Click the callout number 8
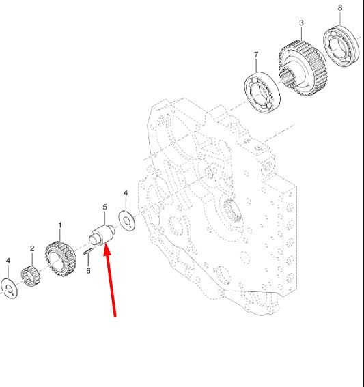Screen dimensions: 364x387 click(x=340, y=8)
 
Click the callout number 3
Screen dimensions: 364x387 click(x=301, y=23)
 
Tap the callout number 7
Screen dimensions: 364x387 click(x=256, y=55)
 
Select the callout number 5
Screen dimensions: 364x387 click(x=105, y=207)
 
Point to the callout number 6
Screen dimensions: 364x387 click(x=88, y=271)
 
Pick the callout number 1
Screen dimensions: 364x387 click(x=60, y=225)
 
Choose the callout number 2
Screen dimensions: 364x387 click(x=32, y=248)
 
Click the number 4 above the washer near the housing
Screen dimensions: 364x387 click(x=126, y=192)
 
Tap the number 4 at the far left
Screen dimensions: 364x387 click(x=8, y=261)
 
